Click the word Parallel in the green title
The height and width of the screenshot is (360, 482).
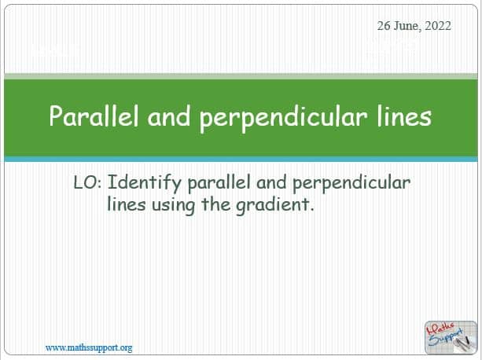click(x=94, y=116)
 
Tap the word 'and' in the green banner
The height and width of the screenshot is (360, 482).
click(x=169, y=116)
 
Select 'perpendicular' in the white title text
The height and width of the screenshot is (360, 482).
click(x=284, y=119)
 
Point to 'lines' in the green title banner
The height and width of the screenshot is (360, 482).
click(x=404, y=116)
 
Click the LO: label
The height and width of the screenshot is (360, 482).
click(x=87, y=182)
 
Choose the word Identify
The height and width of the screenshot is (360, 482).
click(x=144, y=184)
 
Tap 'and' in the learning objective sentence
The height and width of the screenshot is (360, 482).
click(x=271, y=182)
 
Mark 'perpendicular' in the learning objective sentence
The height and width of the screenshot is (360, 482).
click(x=351, y=184)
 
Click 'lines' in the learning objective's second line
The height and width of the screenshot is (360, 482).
click(x=127, y=204)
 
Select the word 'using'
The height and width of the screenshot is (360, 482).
click(x=173, y=205)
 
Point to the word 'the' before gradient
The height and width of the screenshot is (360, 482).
click(x=215, y=204)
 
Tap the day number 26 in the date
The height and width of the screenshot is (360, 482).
click(x=384, y=26)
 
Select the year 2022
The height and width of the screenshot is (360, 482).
click(x=438, y=26)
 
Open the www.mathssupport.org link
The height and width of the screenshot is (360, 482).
click(x=89, y=348)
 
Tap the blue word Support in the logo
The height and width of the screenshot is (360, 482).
click(x=445, y=337)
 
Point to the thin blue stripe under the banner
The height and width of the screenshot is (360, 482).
click(x=241, y=159)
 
